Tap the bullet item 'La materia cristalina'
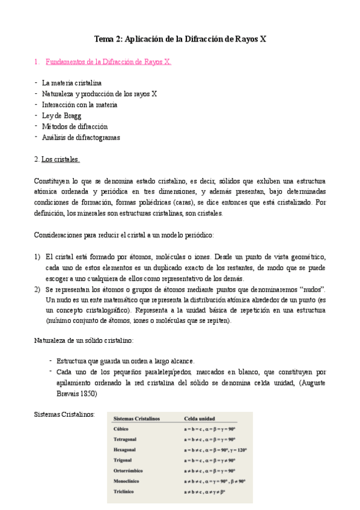pyautogui.click(x=72, y=83)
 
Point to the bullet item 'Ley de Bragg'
pyautogui.click(x=61, y=115)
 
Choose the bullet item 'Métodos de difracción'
pyautogui.click(x=75, y=126)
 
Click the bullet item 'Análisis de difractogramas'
pyautogui.click(x=81, y=137)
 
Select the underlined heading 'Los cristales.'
pyautogui.click(x=60, y=159)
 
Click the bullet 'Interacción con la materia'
pyautogui.click(x=79, y=105)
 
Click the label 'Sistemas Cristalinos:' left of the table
pyautogui.click(x=64, y=414)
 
